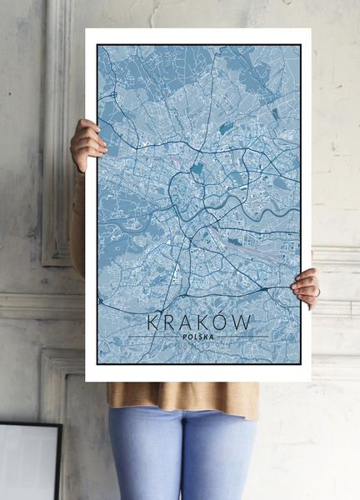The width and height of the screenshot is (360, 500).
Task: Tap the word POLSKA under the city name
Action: pyautogui.click(x=197, y=337)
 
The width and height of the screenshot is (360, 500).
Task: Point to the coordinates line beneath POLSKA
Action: pyautogui.click(x=197, y=345)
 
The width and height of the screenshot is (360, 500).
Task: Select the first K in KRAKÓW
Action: pyautogui.click(x=154, y=321)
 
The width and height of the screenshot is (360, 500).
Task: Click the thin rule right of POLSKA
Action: pyautogui.click(x=242, y=337)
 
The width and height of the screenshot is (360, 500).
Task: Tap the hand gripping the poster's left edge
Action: pyautogui.click(x=87, y=142)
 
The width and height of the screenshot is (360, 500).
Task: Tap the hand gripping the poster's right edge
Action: pyautogui.click(x=307, y=286)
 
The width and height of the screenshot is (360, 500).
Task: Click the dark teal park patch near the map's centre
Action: pyautogui.click(x=197, y=169)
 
